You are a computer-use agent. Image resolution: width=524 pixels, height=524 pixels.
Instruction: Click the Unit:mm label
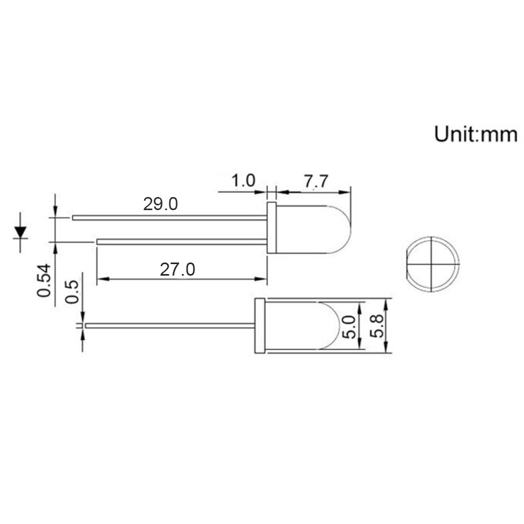coord(475,134)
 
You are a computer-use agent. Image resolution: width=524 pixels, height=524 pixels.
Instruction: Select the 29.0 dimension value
coord(160,204)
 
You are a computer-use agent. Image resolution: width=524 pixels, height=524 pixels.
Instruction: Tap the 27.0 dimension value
coord(177,269)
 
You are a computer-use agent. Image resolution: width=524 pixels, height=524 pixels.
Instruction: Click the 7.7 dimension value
coord(315,181)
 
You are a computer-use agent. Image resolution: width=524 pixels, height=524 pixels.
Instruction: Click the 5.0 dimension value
coord(350,326)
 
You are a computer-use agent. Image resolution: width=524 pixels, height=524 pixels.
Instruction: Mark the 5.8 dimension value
coord(376,326)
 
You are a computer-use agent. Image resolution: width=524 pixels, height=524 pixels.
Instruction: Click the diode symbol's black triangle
coord(20,231)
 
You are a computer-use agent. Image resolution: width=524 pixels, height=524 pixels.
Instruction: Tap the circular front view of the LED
coord(432,264)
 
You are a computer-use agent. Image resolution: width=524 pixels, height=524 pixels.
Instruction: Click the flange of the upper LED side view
coord(271,227)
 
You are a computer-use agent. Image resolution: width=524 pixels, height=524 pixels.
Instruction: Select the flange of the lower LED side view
coord(259,325)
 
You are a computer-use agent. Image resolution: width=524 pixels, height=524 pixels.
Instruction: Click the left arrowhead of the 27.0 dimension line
coord(102,279)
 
